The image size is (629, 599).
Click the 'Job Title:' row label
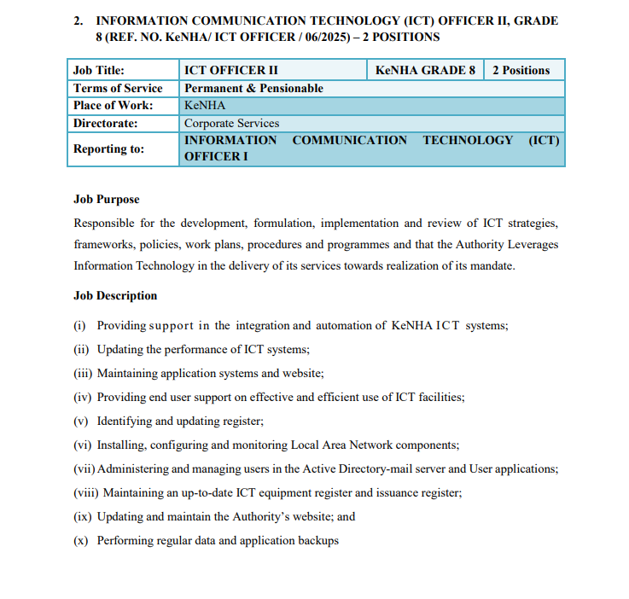click(99, 70)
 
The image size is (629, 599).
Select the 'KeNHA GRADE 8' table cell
click(425, 70)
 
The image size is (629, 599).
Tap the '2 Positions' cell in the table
click(521, 70)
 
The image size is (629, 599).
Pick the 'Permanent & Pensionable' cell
click(253, 88)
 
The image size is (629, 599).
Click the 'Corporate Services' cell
click(231, 123)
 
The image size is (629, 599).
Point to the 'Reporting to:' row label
click(108, 148)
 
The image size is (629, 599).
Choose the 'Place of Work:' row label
click(114, 106)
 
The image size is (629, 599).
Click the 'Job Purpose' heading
click(106, 200)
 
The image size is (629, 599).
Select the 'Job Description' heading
click(115, 296)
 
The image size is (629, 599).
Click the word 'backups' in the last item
click(317, 540)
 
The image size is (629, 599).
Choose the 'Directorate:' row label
click(106, 123)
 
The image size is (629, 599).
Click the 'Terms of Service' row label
click(118, 88)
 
